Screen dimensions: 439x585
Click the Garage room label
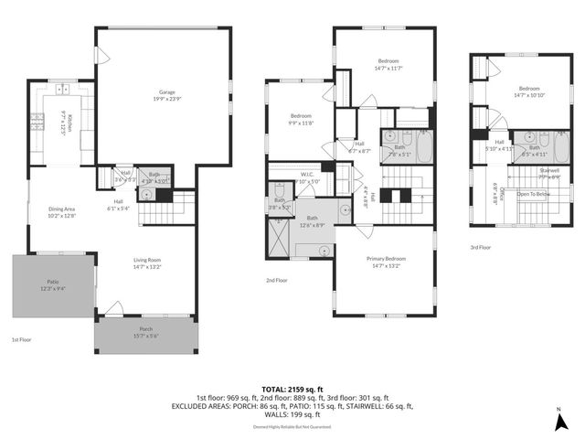coord(167,95)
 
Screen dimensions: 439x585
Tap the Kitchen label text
coord(64,120)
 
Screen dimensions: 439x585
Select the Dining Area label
coord(62,212)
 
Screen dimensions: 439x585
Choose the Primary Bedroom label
coord(388,262)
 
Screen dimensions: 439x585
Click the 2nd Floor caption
coord(277,281)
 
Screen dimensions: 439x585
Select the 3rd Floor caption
coord(481,248)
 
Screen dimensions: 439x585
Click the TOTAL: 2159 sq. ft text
coord(292,390)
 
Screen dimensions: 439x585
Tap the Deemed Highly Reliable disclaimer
coord(292,427)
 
